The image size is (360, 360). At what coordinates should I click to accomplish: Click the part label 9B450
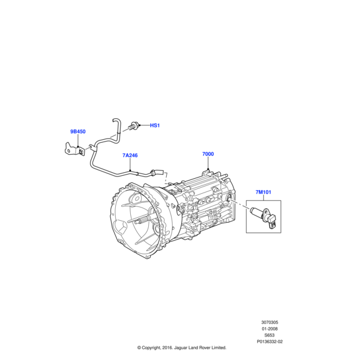point(78,131)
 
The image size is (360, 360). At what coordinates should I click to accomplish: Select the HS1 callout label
point(155,125)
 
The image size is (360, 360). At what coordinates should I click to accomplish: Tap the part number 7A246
point(130,155)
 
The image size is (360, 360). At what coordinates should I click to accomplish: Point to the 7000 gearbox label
point(208,154)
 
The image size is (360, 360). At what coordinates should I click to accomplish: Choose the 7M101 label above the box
point(263,192)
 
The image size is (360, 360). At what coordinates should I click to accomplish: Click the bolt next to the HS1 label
point(134,125)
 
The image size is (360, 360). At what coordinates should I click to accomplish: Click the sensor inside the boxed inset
point(263,216)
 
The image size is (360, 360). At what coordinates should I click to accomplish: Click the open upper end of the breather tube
point(114,120)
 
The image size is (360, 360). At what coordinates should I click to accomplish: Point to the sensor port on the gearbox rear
point(229,197)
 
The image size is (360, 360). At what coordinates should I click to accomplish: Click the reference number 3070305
point(269,322)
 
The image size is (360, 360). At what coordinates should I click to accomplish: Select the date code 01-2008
point(269,329)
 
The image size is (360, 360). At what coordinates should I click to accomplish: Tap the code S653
point(269,335)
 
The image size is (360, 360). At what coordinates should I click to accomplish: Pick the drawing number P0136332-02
point(269,341)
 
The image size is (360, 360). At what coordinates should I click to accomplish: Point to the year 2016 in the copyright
point(167,347)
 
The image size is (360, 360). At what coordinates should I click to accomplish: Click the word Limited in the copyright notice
point(218,347)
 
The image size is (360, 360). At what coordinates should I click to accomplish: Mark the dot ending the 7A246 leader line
point(130,170)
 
